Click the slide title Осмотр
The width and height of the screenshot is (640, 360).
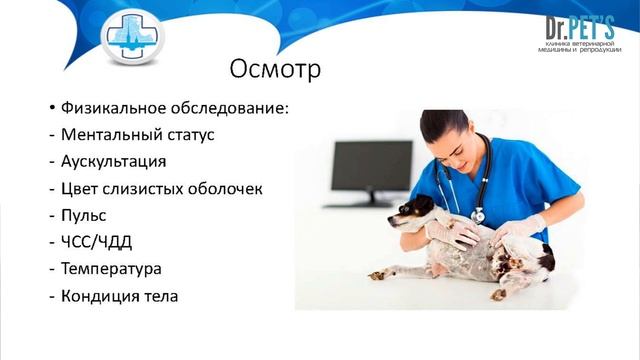point(275,71)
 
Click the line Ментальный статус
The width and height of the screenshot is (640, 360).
point(137,135)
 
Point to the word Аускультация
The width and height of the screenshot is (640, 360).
point(113,162)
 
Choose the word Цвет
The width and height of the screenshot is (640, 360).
point(81,189)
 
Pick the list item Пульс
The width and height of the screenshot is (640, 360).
point(83,216)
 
